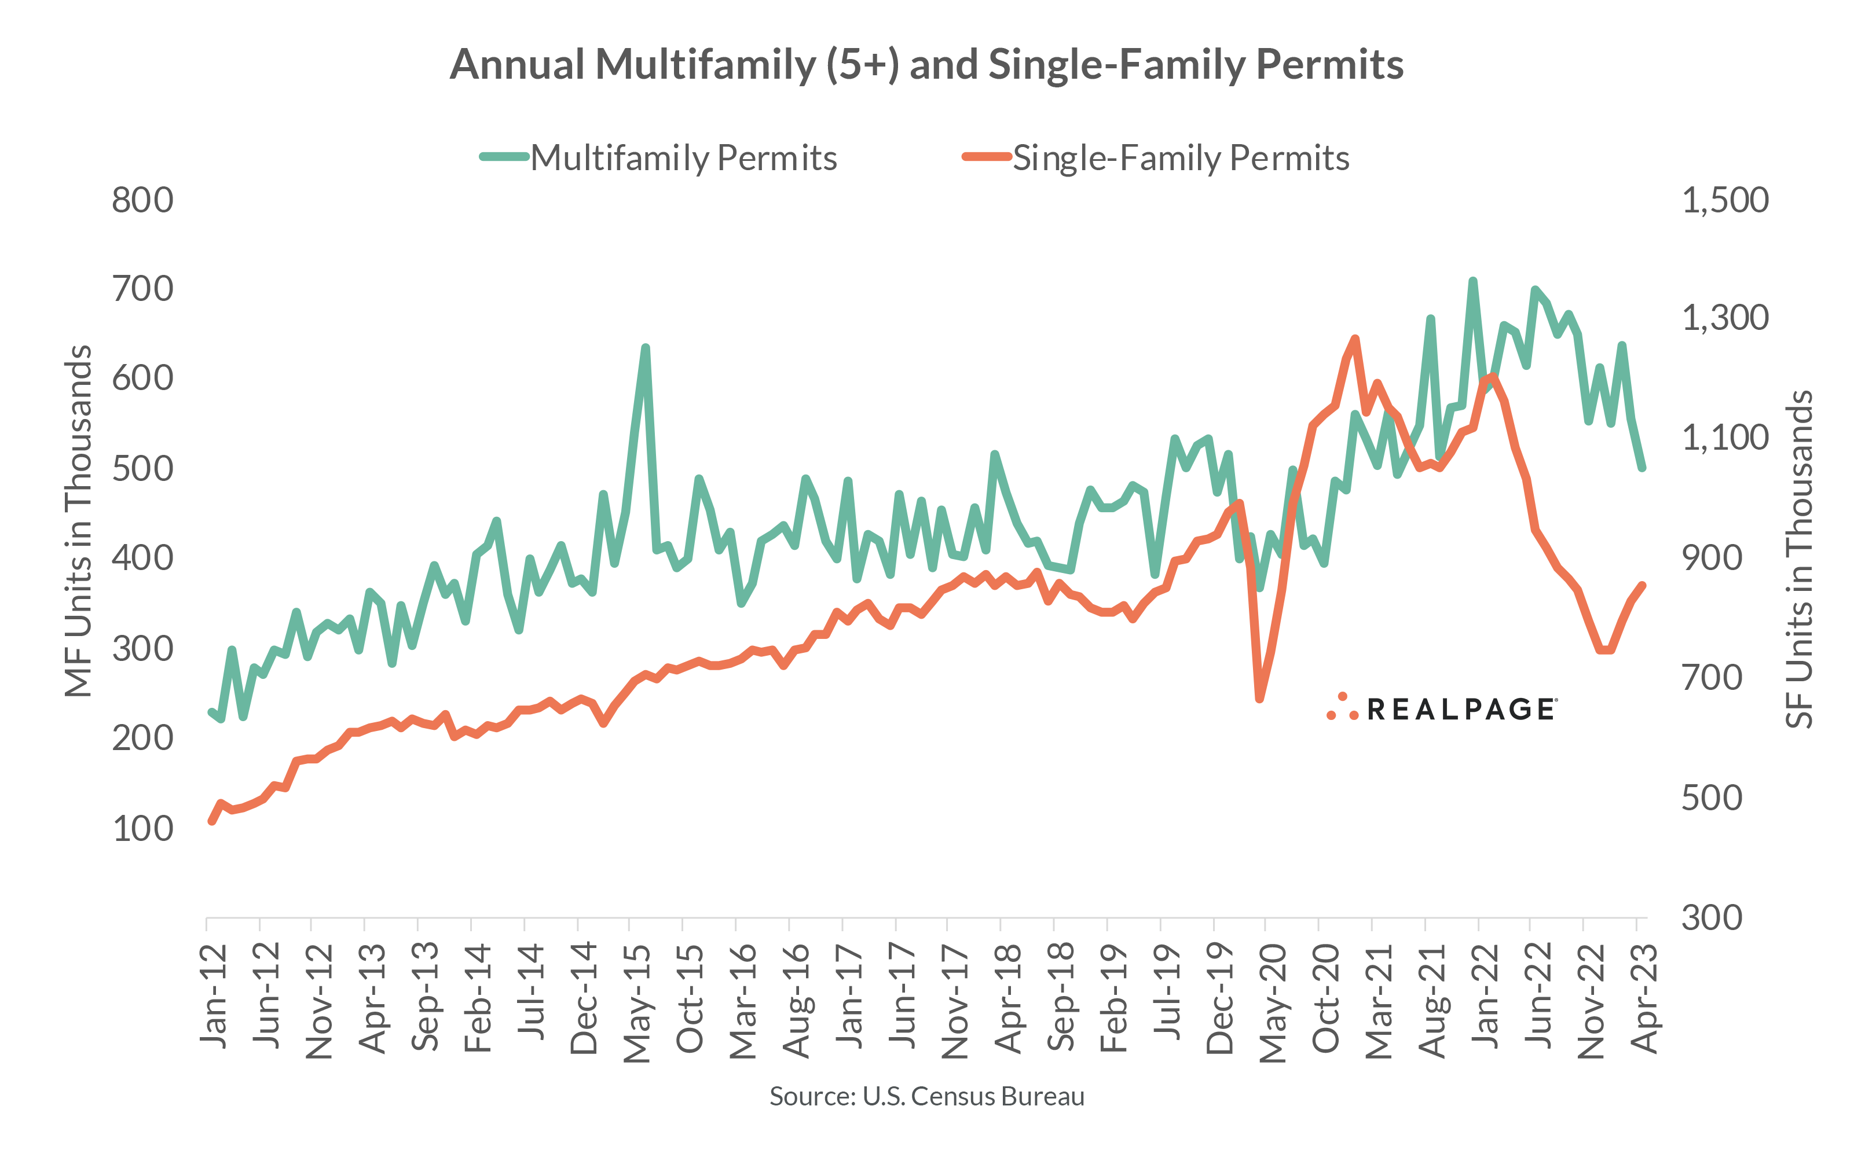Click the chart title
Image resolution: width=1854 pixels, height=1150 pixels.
click(x=926, y=64)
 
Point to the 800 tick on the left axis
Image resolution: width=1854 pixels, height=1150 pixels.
click(x=142, y=200)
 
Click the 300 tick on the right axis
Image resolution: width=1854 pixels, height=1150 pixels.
click(x=1711, y=917)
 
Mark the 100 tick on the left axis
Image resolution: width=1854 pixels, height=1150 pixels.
click(x=142, y=828)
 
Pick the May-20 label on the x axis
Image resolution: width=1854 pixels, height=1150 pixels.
click(x=1272, y=1002)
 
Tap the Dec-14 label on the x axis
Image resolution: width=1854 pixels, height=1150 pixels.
click(x=584, y=998)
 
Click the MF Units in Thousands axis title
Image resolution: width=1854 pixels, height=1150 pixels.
click(x=78, y=521)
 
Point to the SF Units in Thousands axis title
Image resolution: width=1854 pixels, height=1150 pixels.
click(x=1799, y=559)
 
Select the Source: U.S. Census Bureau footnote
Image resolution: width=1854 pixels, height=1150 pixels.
click(x=926, y=1096)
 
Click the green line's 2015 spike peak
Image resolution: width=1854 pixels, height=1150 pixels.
click(x=645, y=348)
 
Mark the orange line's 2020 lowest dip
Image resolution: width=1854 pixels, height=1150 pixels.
click(x=1259, y=698)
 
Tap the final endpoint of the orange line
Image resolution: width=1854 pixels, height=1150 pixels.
click(x=1643, y=586)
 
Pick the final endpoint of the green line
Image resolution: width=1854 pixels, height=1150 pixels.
click(x=1643, y=468)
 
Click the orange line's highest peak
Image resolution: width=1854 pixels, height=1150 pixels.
click(x=1355, y=339)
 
